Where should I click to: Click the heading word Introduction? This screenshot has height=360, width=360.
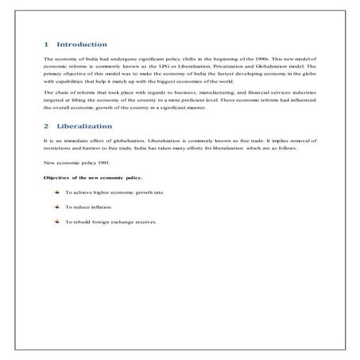(x=83, y=45)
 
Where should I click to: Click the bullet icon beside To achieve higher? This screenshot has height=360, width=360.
(x=57, y=192)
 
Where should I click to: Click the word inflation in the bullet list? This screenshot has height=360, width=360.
(x=100, y=207)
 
